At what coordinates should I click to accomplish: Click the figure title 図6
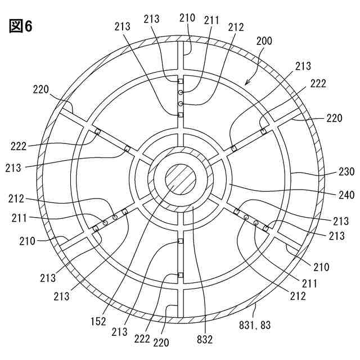click(x=21, y=26)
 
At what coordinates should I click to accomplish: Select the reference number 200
click(x=264, y=41)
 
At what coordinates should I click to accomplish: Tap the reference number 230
click(x=346, y=172)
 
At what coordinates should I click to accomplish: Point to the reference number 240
click(x=346, y=195)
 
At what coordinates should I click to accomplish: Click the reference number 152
click(x=98, y=321)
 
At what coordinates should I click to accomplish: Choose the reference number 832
click(x=205, y=340)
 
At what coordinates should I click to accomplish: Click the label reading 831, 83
click(x=255, y=325)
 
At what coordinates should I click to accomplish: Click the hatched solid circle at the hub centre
click(x=181, y=179)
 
